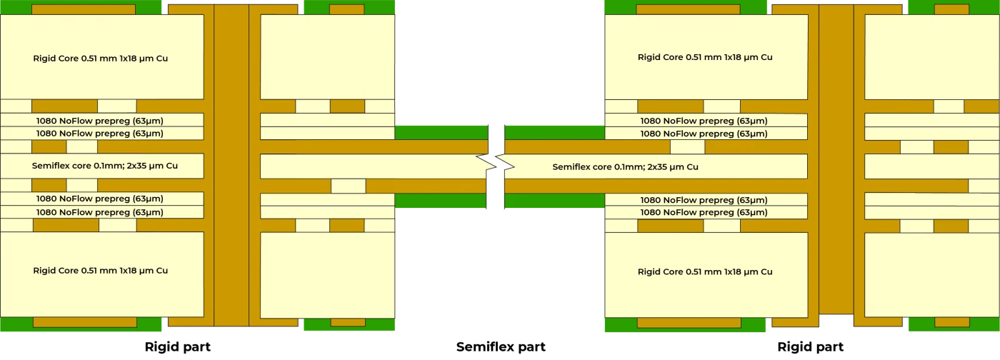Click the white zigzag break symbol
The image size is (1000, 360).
497,168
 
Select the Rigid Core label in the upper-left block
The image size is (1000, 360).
100,58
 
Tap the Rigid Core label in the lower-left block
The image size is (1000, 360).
100,271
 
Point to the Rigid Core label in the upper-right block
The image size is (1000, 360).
704,57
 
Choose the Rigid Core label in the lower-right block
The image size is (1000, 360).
704,271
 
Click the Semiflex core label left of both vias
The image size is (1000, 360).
104,166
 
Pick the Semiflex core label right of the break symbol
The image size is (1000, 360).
625,166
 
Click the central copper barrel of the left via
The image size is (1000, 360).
231,164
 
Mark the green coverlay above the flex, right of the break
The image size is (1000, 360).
554,132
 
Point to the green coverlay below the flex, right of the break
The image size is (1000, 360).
554,201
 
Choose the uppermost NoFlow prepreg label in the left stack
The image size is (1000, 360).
99,121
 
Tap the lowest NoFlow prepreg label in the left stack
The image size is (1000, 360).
99,212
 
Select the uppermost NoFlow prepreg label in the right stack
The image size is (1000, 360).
704,121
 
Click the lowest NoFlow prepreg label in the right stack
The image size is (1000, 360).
704,212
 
